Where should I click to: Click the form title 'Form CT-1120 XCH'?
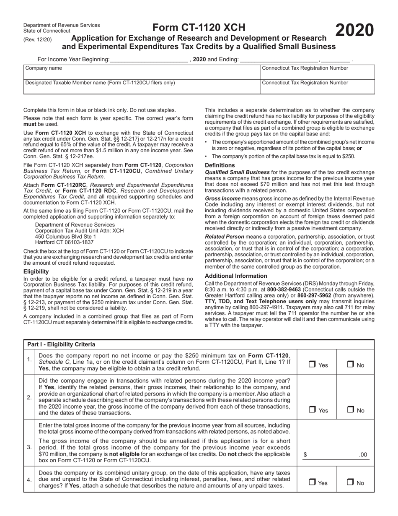click(x=199, y=28)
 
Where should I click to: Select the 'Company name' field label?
click(x=44, y=68)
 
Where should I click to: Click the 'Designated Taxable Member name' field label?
click(x=100, y=83)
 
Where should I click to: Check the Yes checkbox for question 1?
click(x=312, y=365)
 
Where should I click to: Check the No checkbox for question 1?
click(x=350, y=365)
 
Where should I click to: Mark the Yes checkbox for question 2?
click(x=312, y=410)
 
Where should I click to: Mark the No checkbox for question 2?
click(x=350, y=410)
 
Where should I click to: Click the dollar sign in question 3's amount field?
click(x=305, y=454)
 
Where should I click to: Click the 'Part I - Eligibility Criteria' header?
click(x=61, y=344)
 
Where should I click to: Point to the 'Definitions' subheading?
click(x=220, y=165)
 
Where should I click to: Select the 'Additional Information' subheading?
click(x=236, y=276)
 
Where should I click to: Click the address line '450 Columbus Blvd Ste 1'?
click(x=65, y=236)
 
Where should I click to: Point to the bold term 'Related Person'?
click(x=224, y=237)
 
